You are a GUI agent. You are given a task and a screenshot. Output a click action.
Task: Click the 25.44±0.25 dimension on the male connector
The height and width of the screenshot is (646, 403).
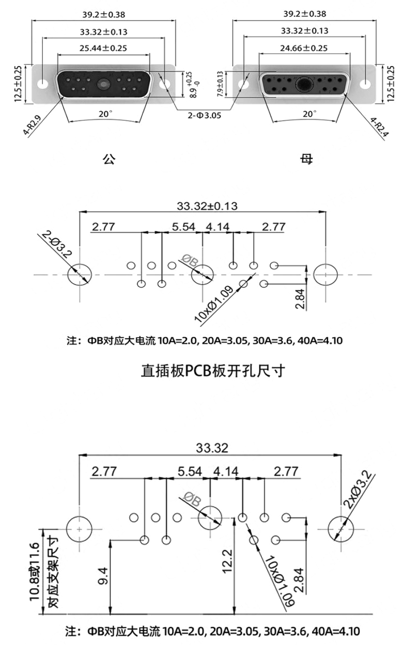(103, 48)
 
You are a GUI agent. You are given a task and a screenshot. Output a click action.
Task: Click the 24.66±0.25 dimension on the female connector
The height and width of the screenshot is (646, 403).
(304, 48)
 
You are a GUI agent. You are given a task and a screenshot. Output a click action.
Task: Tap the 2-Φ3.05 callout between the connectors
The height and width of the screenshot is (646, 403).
(204, 115)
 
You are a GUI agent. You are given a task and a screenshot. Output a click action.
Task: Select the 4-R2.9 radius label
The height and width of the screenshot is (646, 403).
(33, 125)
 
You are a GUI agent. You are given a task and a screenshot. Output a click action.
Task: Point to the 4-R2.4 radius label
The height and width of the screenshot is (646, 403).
(380, 127)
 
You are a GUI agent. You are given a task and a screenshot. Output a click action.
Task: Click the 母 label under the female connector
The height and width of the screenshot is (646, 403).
(306, 159)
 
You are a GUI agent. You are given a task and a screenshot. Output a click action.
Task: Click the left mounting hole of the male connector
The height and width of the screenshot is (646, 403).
(43, 84)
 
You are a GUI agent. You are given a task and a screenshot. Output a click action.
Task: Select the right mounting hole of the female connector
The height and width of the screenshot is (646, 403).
(365, 84)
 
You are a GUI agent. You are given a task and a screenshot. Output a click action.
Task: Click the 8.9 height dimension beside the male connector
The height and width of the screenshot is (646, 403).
(194, 85)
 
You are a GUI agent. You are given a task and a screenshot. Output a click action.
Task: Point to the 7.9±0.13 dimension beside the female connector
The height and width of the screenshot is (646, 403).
(220, 84)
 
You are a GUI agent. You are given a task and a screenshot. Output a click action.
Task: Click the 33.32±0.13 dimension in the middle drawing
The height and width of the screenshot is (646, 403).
(207, 206)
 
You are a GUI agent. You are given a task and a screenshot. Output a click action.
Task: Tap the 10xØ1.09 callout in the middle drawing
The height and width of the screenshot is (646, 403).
(214, 304)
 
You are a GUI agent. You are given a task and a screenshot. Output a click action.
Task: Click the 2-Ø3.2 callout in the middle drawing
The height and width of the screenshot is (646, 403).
(56, 244)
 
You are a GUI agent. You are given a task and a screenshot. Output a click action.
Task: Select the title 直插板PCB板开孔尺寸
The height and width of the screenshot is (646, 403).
(213, 371)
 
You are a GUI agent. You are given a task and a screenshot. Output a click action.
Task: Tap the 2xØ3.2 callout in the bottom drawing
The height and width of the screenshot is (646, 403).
(358, 490)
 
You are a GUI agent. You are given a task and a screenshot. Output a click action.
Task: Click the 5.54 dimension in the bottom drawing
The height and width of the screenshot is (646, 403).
(190, 472)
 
